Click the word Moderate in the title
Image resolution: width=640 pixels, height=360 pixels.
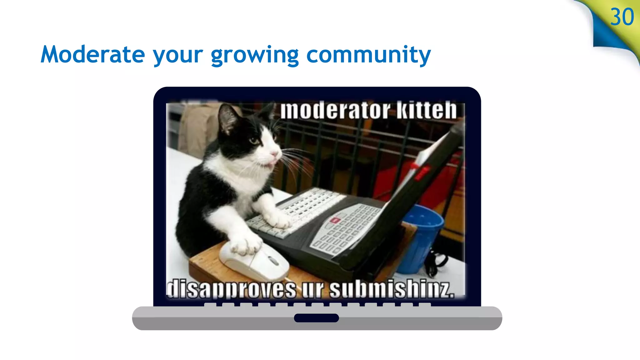pos(93,55)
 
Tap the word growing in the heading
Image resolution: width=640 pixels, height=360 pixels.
pos(255,56)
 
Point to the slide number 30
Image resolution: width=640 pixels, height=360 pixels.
pos(622,17)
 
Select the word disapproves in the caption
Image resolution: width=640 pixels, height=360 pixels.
pos(231,289)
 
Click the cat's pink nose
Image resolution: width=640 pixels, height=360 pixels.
pos(274,153)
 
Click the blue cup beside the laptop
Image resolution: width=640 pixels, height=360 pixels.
pos(420,237)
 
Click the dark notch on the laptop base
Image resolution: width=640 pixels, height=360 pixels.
pos(316,318)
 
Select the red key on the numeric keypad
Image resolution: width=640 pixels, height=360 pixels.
pos(335,221)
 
